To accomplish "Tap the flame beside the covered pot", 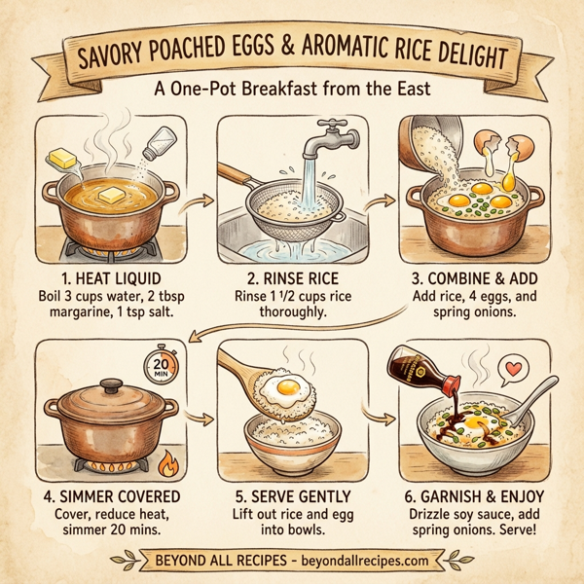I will click(167, 460).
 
